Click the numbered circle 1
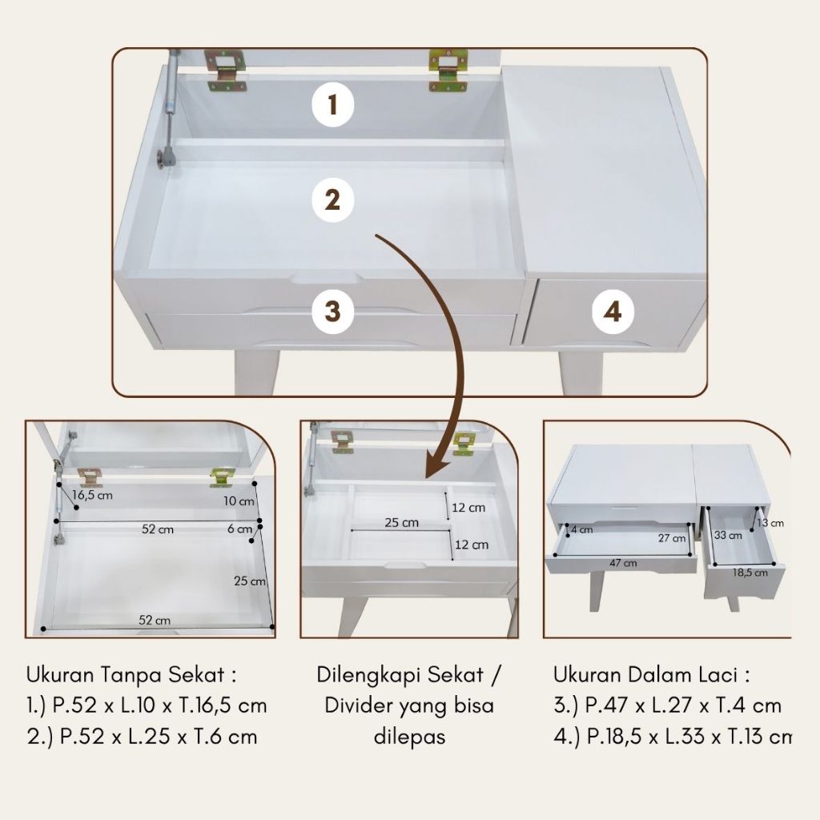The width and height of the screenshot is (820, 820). coord(332,105)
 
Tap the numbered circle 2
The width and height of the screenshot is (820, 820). coord(332,199)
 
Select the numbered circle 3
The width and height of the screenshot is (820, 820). coord(332,312)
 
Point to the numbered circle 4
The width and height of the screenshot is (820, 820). coord(613,312)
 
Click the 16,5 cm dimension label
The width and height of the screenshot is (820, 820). coord(93,495)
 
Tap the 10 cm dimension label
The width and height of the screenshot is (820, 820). coord(239,501)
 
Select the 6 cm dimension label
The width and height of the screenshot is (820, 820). coord(239,529)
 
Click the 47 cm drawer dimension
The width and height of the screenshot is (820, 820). coord(623,563)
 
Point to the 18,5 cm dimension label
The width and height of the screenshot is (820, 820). coord(750,573)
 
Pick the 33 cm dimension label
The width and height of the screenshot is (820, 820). coord(728,536)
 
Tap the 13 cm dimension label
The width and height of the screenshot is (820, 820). coord(770,523)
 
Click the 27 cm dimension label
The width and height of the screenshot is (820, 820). coord(672,538)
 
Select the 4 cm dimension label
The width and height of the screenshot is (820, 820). coord(582,529)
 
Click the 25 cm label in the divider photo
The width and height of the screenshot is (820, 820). coord(402,522)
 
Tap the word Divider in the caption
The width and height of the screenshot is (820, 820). coord(358,705)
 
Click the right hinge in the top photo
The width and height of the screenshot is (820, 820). coord(448,70)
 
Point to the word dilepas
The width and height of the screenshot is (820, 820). coord(409,737)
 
